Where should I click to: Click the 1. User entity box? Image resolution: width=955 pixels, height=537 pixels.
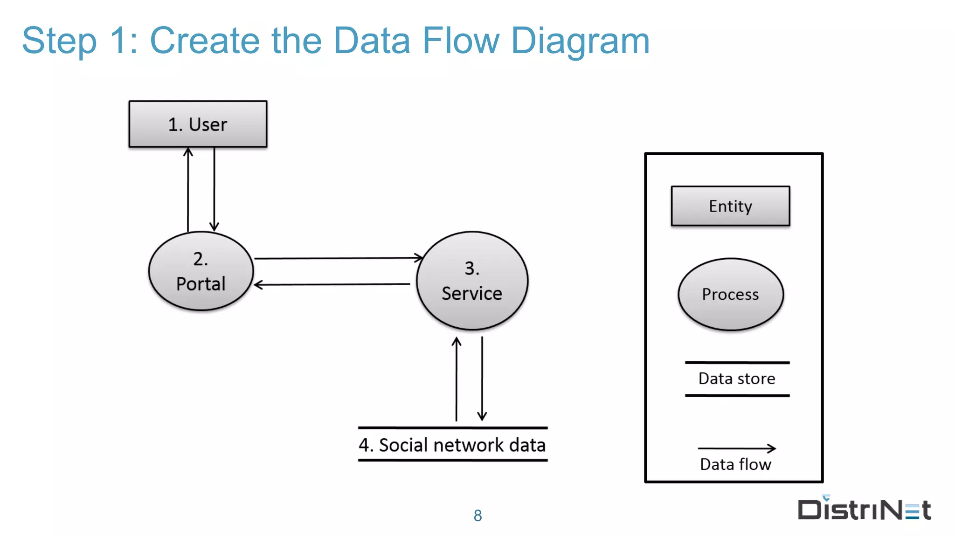tap(198, 124)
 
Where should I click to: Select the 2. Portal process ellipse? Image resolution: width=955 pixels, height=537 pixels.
tap(201, 271)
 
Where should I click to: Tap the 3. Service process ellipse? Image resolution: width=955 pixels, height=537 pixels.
tap(472, 281)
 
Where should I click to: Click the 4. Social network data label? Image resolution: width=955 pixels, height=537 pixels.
tap(452, 445)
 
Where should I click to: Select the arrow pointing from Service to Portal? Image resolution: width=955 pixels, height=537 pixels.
tap(332, 284)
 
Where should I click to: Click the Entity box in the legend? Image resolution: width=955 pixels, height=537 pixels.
tap(730, 206)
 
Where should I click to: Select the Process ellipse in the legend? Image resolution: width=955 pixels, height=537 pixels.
tap(730, 294)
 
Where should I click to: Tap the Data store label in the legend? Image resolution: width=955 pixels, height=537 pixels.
tap(737, 379)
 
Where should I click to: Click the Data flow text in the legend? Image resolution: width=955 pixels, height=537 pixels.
tap(735, 464)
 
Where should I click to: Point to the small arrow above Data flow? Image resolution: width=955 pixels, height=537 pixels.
tap(737, 448)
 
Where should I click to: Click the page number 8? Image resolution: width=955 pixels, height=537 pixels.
tap(477, 516)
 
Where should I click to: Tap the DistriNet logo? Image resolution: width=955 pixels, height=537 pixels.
tap(864, 509)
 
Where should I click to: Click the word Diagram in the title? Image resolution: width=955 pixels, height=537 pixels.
tap(580, 41)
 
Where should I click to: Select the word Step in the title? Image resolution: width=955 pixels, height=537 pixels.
tap(59, 41)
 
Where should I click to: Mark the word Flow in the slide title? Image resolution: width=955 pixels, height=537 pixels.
tap(461, 41)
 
